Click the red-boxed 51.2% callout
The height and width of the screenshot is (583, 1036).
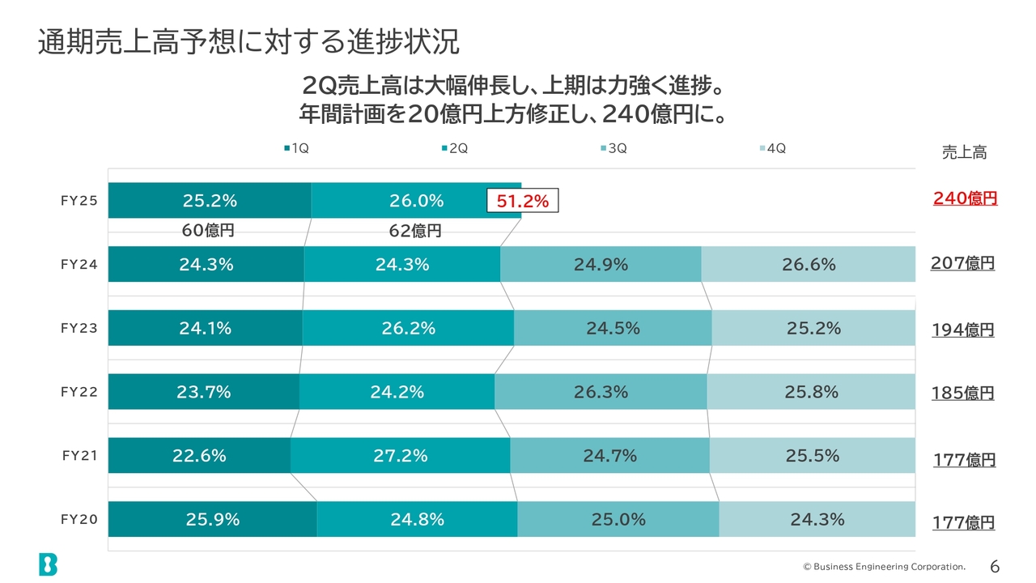[x=522, y=202]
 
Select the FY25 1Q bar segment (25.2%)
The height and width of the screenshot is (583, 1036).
[x=210, y=201]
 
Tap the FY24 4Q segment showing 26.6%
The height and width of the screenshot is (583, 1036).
[x=808, y=264]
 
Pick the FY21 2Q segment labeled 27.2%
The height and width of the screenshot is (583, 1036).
[x=400, y=455]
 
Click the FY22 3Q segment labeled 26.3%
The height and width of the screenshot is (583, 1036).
[x=601, y=392]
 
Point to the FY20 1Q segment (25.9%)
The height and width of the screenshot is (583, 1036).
[x=212, y=519]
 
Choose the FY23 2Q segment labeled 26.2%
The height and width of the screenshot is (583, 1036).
[x=408, y=328]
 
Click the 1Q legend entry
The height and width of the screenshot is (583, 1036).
[x=296, y=148]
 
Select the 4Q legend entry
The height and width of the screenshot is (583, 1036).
[x=773, y=148]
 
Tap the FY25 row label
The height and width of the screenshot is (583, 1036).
[x=79, y=202]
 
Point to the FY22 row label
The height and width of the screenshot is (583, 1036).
[x=79, y=392]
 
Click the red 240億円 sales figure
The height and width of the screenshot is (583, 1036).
[x=965, y=198]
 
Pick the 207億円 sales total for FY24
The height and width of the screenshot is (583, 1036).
[x=962, y=263]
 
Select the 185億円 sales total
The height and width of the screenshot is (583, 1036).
[x=962, y=394]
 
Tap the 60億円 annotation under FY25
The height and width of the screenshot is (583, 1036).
[x=208, y=231]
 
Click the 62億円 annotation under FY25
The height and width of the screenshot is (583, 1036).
[x=415, y=231]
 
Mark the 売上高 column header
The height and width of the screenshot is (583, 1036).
[x=964, y=152]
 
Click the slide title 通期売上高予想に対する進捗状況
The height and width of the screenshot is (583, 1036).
[x=248, y=42]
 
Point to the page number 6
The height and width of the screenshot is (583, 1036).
[x=995, y=566]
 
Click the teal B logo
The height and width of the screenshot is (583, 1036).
[x=48, y=564]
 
